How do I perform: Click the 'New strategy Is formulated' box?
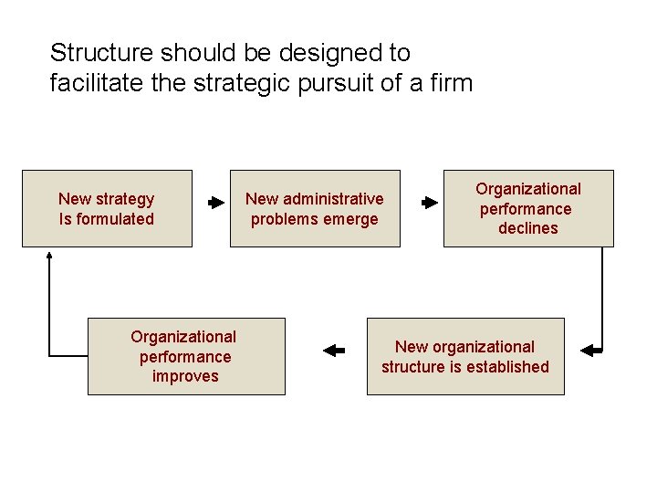(x=107, y=208)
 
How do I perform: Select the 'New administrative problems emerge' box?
(x=315, y=208)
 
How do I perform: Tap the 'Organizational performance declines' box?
(x=528, y=208)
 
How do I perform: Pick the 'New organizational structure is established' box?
(x=465, y=356)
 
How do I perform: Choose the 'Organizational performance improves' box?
(x=186, y=356)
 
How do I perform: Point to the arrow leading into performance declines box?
(x=429, y=203)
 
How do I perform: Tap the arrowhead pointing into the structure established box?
(x=588, y=349)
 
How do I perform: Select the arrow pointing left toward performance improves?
(x=334, y=349)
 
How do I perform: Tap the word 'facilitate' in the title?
(x=89, y=84)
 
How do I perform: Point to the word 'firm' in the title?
(x=454, y=84)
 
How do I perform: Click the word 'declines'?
(x=528, y=228)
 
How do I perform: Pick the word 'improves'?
(x=186, y=376)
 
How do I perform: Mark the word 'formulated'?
(x=116, y=219)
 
